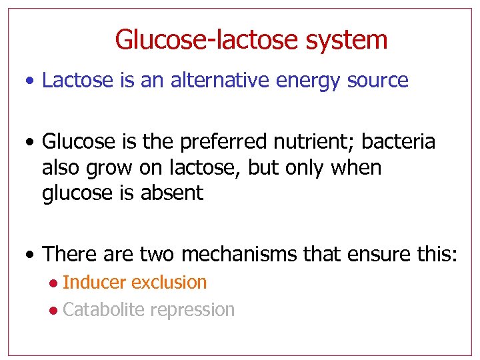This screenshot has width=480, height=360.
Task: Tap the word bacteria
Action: coord(399,142)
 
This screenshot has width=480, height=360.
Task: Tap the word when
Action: coord(355,168)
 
